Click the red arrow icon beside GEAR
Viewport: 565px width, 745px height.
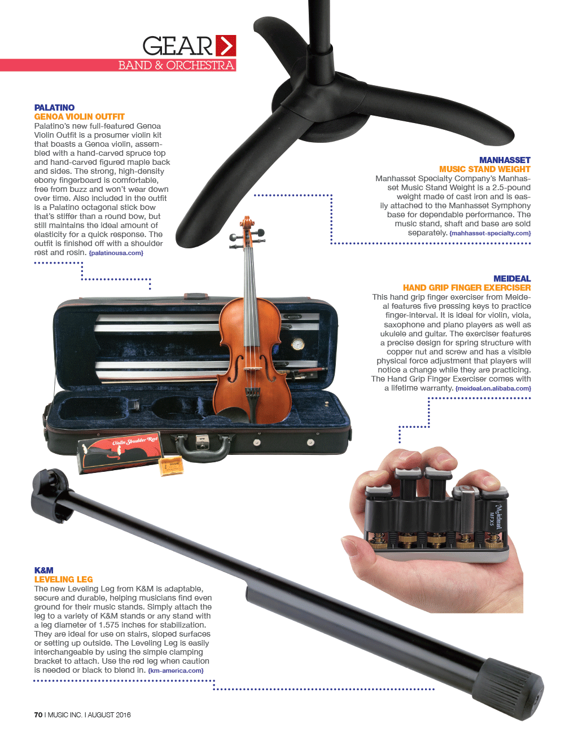[226, 46]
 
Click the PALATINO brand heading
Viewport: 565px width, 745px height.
[54, 108]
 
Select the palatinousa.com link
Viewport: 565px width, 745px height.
[116, 253]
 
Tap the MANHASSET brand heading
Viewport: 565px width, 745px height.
[505, 160]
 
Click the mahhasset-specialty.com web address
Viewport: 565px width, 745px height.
[490, 233]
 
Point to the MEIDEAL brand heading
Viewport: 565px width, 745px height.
[512, 279]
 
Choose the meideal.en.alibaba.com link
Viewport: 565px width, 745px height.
[493, 388]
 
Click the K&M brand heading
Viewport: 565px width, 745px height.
[44, 570]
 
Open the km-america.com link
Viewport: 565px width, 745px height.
[176, 671]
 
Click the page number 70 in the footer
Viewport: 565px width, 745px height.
[38, 715]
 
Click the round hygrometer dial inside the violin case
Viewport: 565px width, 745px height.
[297, 344]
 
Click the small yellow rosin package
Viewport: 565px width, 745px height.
[171, 465]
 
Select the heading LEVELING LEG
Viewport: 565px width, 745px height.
[63, 580]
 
